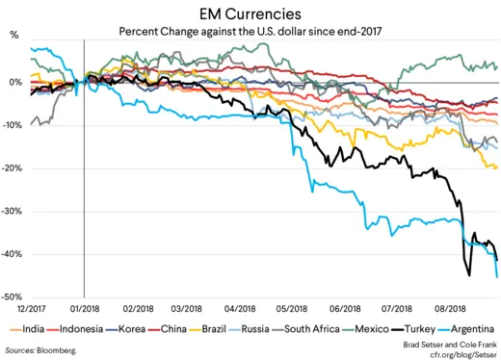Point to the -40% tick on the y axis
[14, 255]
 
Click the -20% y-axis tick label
[14, 168]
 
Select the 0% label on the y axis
[17, 83]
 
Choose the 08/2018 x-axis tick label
[448, 309]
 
